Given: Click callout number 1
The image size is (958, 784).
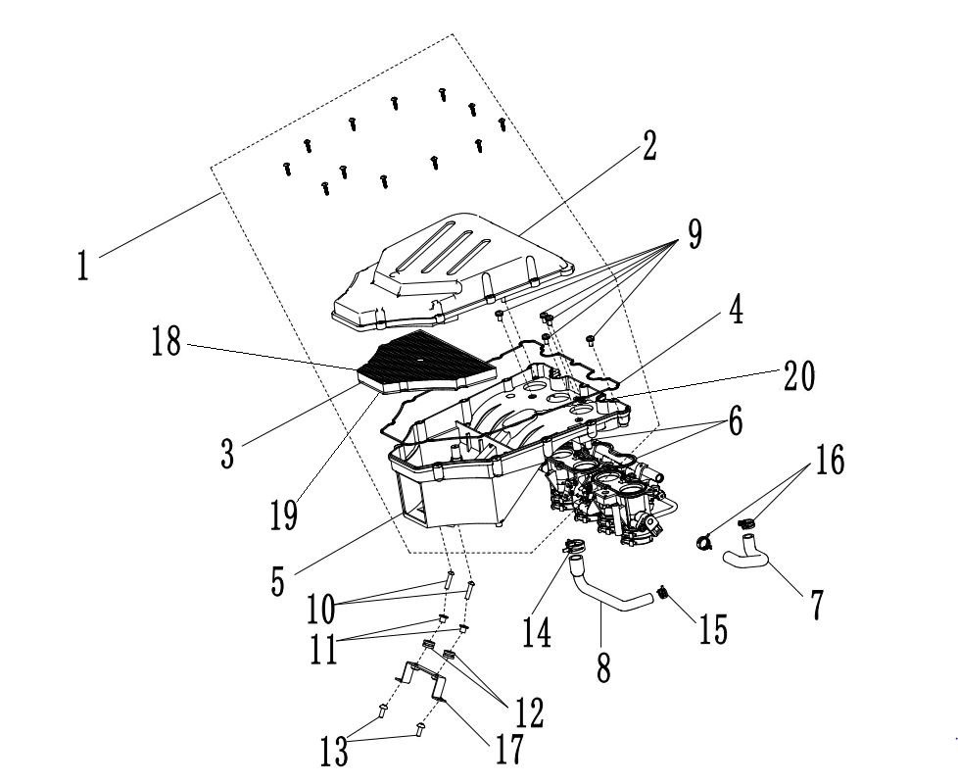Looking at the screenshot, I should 84,264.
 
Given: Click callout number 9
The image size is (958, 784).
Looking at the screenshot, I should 695,234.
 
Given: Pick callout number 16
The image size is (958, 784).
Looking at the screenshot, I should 830,461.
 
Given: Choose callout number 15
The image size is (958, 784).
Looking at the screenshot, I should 714,628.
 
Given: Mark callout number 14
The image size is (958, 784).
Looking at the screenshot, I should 538,630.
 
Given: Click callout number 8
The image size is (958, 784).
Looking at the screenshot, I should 603,667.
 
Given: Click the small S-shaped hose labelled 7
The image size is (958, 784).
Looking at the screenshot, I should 748,560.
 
